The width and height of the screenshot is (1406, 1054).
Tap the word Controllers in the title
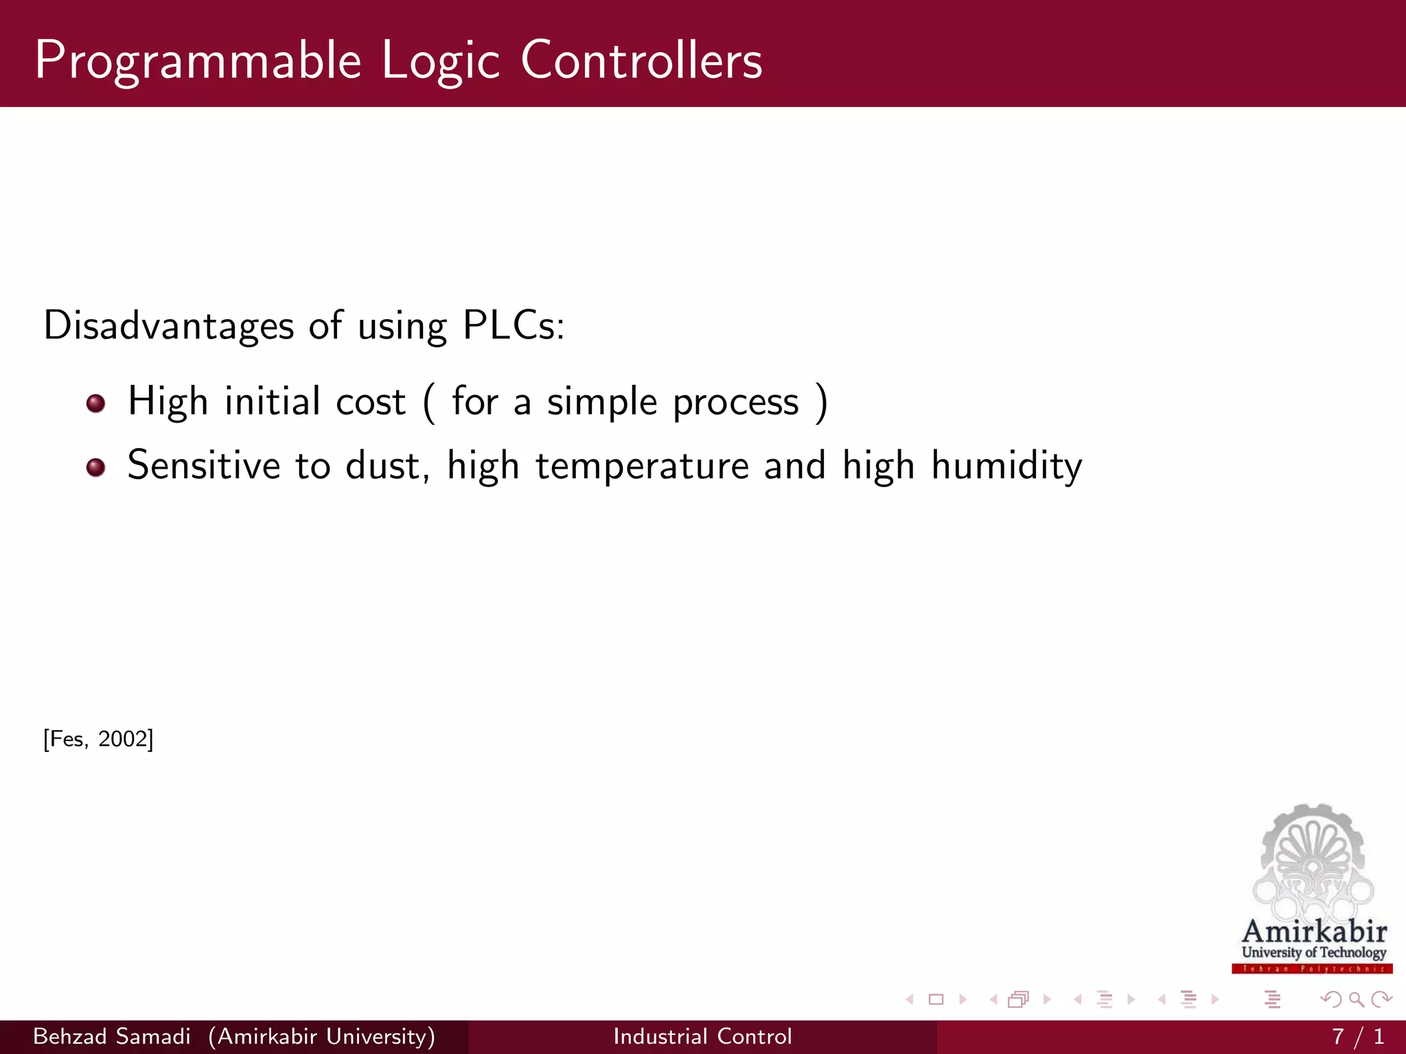click(641, 60)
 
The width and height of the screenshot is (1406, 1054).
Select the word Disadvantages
click(169, 325)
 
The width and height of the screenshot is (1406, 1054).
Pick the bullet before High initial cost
click(96, 403)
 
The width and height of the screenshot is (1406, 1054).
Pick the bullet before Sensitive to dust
click(96, 467)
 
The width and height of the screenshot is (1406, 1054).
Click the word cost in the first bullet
click(371, 402)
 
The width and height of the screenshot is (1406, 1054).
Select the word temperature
click(642, 467)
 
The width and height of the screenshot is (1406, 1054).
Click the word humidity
click(1006, 467)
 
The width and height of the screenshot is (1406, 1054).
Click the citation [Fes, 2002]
click(98, 739)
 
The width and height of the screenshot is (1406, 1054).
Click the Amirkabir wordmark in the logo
click(1314, 932)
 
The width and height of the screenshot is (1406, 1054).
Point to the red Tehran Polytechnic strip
click(1312, 969)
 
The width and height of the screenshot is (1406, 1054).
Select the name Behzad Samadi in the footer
click(112, 1036)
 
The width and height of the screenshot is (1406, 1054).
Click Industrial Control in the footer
click(702, 1036)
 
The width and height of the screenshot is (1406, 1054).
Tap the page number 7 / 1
click(1357, 1036)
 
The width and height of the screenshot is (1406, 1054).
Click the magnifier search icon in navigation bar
click(1356, 999)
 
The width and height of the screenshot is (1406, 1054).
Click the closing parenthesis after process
click(821, 403)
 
